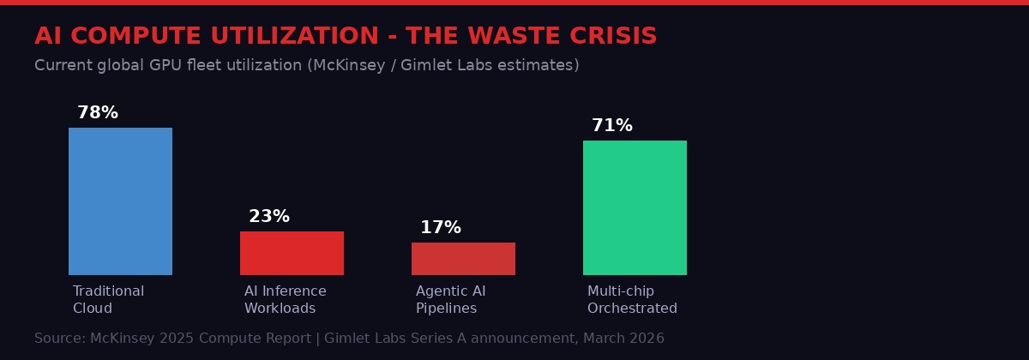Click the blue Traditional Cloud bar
pyautogui.click(x=120, y=201)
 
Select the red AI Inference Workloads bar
pyautogui.click(x=292, y=253)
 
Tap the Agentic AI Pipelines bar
pyautogui.click(x=463, y=259)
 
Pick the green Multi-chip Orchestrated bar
pyautogui.click(x=635, y=207)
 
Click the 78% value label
pyautogui.click(x=98, y=113)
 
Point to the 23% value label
pyautogui.click(x=269, y=217)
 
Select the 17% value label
pyautogui.click(x=441, y=228)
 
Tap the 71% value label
pyautogui.click(x=612, y=126)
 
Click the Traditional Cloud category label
pyautogui.click(x=108, y=300)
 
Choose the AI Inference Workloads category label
pyautogui.click(x=285, y=300)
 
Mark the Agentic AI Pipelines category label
pyautogui.click(x=450, y=300)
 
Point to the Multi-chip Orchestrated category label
pyautogui.click(x=632, y=300)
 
